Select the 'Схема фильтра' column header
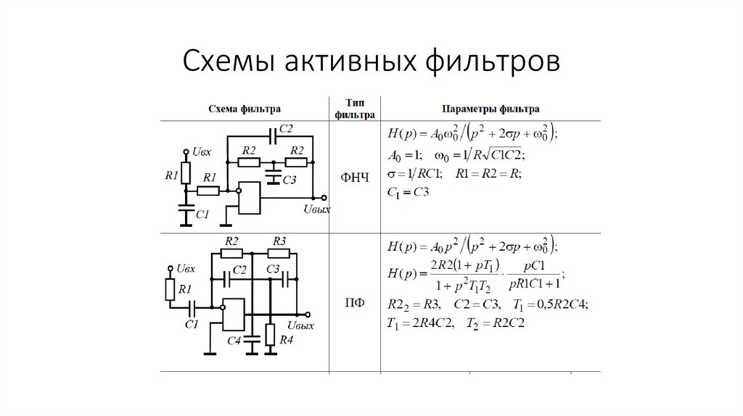(x=244, y=109)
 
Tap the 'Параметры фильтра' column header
(x=490, y=109)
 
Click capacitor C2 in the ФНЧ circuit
(x=272, y=136)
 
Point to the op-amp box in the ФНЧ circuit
(x=250, y=198)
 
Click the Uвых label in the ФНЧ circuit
(x=316, y=209)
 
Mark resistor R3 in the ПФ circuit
(x=279, y=254)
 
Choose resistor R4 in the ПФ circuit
(x=270, y=334)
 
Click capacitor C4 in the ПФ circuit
(x=252, y=338)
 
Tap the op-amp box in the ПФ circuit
(x=234, y=315)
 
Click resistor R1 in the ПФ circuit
(x=169, y=290)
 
